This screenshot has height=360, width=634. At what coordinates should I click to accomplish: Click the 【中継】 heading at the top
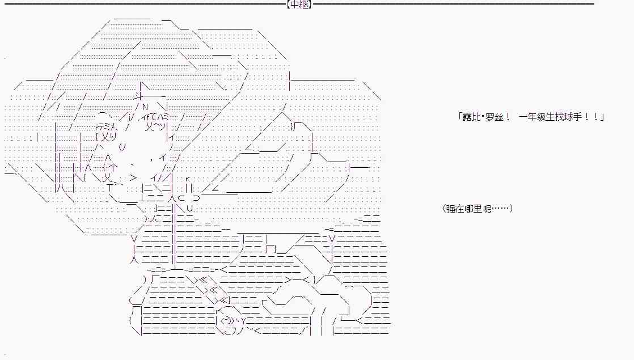(299, 5)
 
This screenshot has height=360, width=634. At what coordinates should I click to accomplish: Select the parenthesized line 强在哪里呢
(477, 209)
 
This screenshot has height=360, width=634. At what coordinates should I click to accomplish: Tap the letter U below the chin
(189, 209)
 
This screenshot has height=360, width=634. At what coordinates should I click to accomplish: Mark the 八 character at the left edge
(60, 188)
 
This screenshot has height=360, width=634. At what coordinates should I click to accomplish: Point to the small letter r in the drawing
(187, 177)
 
